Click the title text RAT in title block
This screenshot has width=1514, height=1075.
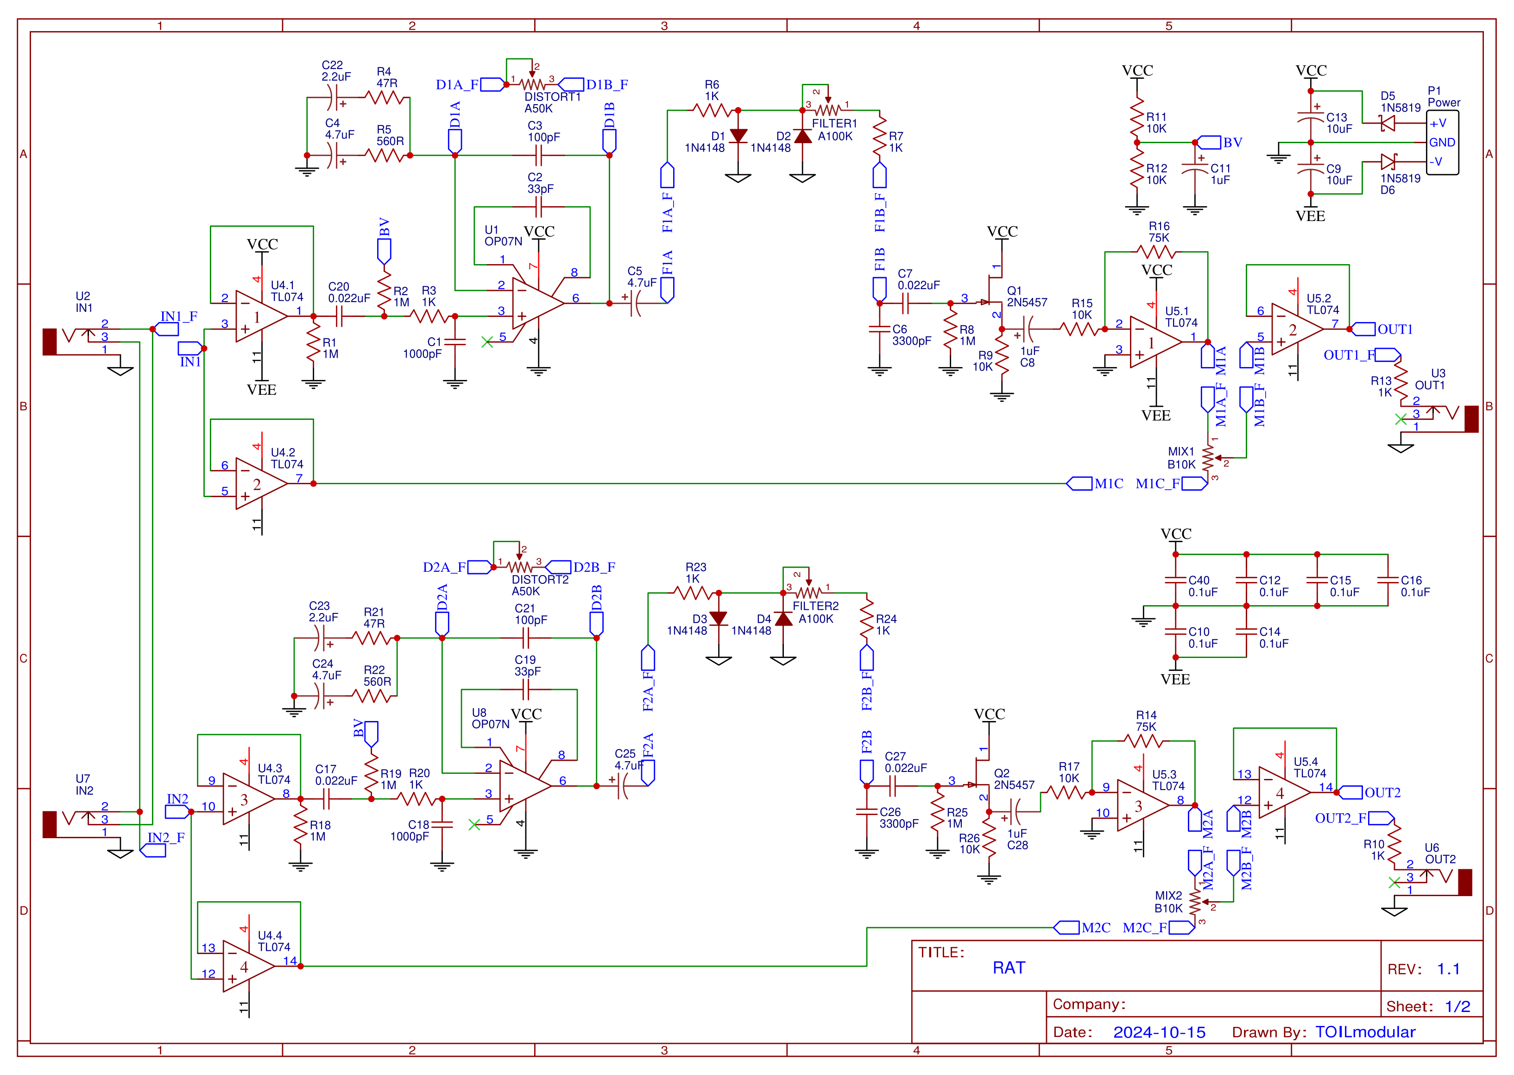tap(1009, 968)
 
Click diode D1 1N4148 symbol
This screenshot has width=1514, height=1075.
tap(738, 136)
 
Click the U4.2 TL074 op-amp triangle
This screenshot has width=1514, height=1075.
tap(259, 484)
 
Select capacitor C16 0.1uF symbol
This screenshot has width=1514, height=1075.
tap(1388, 580)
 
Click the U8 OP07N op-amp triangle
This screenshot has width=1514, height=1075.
tap(523, 786)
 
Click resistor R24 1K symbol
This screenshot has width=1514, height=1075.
tap(866, 619)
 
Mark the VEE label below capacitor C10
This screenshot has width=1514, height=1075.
tap(1175, 679)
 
